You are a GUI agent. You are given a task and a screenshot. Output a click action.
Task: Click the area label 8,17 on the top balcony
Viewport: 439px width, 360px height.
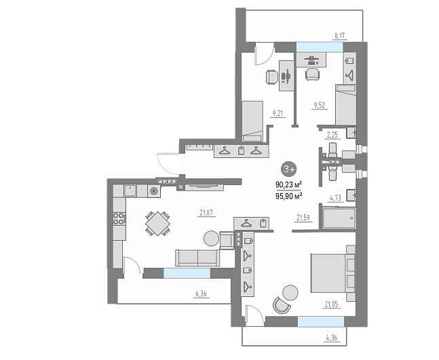pos(340,35)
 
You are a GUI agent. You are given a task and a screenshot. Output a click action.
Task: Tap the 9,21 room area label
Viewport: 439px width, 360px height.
pos(278,113)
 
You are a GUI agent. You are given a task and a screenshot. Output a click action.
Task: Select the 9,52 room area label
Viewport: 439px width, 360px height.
pos(320,105)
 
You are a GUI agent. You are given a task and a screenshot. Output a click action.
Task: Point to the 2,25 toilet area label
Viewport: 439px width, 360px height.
pos(332,135)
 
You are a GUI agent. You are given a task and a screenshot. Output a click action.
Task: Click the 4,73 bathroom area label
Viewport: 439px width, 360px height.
pos(336,198)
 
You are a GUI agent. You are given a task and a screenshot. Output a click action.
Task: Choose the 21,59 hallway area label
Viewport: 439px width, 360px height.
pos(303,218)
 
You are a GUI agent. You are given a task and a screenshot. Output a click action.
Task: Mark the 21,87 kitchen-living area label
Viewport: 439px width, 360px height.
pos(206,213)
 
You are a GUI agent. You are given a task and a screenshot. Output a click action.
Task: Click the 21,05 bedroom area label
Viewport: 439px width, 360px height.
pos(332,304)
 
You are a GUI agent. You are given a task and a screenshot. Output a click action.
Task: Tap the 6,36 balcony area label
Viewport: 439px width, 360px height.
pos(201,294)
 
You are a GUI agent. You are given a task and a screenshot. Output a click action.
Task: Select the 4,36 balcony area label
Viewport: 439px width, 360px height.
pos(332,338)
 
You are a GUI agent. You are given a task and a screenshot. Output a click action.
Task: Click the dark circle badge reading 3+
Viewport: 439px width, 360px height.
pos(288,169)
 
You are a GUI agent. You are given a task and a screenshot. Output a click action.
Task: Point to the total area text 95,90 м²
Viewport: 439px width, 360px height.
pos(288,196)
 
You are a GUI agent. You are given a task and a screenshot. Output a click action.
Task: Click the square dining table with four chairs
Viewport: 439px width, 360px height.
pos(158,223)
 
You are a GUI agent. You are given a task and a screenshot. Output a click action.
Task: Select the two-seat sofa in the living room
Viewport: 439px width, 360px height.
pos(197,258)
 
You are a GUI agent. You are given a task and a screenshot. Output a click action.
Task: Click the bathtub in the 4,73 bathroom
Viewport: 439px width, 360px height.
pos(339,218)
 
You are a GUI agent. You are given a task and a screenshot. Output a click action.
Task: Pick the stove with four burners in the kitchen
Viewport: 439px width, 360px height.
pos(119,219)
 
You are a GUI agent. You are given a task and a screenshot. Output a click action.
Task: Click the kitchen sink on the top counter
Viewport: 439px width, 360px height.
pos(130,191)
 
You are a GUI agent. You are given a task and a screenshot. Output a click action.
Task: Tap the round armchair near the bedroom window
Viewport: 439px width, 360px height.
pos(282,306)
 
